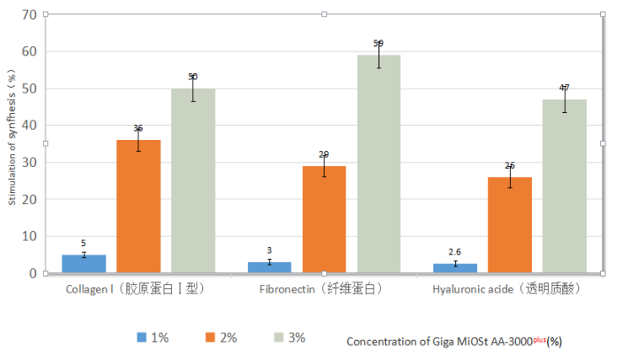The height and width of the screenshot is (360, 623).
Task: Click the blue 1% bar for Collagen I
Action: pos(83,264)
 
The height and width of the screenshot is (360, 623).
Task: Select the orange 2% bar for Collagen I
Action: pos(138,207)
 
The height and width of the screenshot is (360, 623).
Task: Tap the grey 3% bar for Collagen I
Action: pos(193,180)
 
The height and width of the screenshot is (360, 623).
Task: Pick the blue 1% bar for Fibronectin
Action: pos(269,267)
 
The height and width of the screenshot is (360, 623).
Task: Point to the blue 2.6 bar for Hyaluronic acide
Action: pos(454,268)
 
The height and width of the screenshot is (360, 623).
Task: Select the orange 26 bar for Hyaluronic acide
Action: pos(509,225)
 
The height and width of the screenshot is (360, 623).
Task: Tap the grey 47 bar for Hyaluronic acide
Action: pos(564,186)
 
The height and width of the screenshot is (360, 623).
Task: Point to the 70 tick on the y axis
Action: pos(30,14)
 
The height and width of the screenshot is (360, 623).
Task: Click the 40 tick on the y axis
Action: pos(30,126)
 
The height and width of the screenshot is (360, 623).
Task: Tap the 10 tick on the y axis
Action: pos(30,237)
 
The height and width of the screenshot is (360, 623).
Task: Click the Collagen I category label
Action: pos(136,289)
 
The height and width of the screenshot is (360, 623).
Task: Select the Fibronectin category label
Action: pos(321,289)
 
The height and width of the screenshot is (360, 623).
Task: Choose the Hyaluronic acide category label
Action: pos(507,289)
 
